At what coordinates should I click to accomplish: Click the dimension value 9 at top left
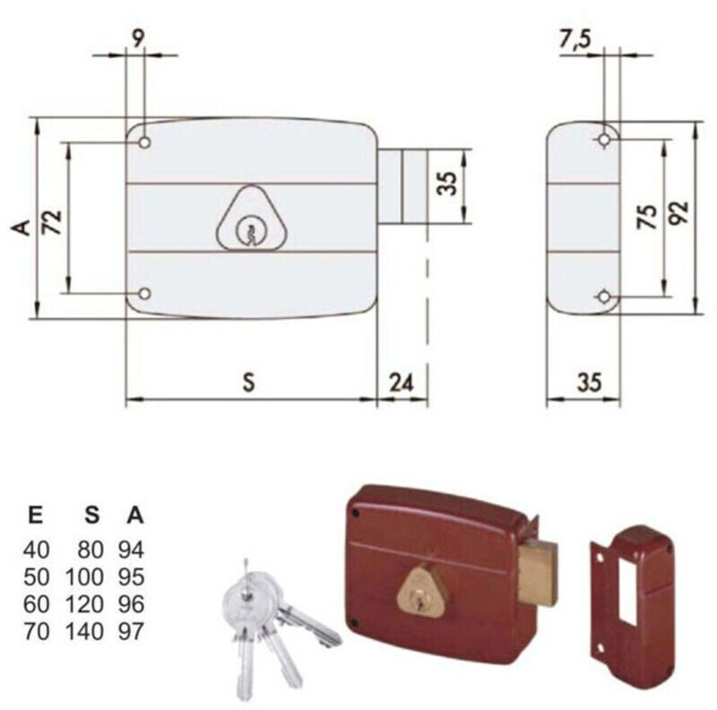[x=138, y=39]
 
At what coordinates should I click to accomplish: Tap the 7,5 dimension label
[x=575, y=39]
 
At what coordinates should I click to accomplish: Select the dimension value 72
[x=53, y=222]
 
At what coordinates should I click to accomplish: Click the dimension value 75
[x=646, y=216]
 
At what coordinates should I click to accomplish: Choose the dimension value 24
[x=401, y=383]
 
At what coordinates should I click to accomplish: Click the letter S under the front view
[x=248, y=383]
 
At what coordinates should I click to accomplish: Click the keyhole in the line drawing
[x=249, y=231]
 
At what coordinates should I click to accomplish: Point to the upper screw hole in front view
[x=144, y=143]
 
